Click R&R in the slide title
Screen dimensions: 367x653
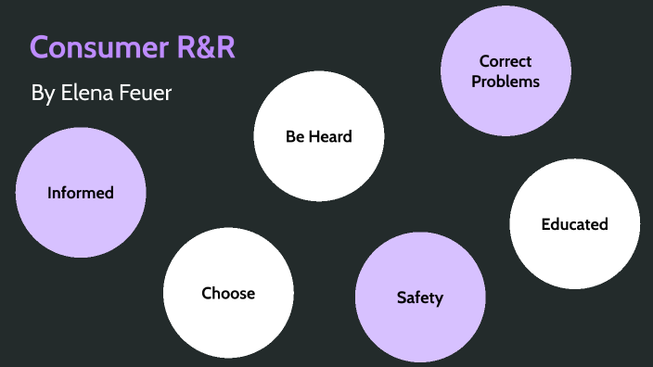point(206,48)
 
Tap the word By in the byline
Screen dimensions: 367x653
point(43,94)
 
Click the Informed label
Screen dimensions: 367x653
point(81,193)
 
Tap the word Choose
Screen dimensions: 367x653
point(228,293)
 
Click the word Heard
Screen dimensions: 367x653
point(331,136)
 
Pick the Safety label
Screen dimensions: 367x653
point(420,297)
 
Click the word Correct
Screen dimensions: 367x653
point(506,61)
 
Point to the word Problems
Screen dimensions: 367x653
point(506,81)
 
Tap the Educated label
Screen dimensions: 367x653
point(574,224)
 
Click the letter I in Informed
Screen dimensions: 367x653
point(50,193)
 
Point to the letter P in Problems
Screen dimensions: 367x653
point(476,81)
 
